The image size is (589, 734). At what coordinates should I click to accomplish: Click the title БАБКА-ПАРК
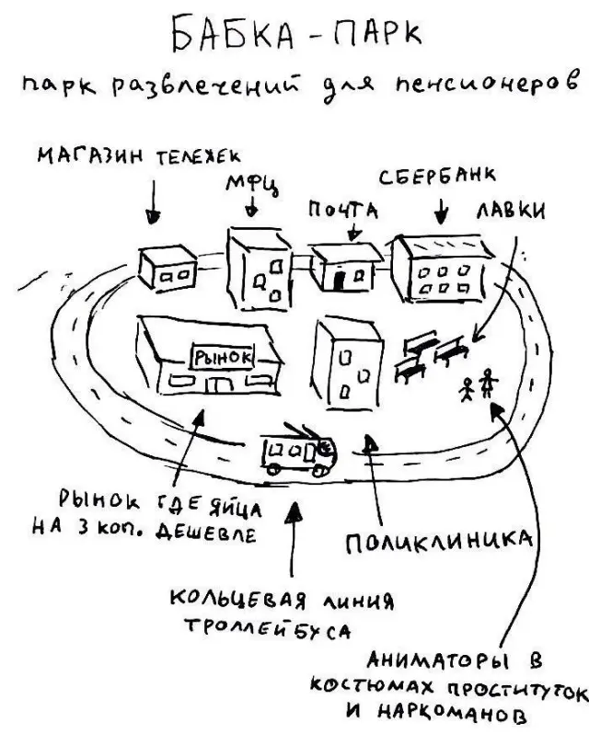tap(297, 34)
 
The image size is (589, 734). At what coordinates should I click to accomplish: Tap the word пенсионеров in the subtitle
tap(488, 85)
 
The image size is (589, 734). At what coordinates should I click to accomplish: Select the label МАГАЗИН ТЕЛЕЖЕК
tap(139, 155)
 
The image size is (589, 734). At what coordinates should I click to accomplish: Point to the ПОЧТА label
tap(343, 210)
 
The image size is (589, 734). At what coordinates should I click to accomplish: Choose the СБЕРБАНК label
tap(437, 177)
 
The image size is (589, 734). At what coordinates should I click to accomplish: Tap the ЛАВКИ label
tap(511, 212)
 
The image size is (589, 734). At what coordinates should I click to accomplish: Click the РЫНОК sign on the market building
tap(222, 358)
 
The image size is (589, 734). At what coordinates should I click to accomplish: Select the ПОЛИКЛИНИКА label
tap(439, 542)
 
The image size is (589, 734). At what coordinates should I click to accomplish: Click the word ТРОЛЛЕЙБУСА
tap(268, 628)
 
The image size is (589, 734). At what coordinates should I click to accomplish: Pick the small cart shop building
tap(167, 269)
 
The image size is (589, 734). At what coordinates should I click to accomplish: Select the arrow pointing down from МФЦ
tap(252, 206)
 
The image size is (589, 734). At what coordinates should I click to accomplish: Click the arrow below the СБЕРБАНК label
tap(441, 212)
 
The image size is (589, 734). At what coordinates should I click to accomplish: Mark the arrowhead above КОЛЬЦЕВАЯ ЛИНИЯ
tap(294, 512)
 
